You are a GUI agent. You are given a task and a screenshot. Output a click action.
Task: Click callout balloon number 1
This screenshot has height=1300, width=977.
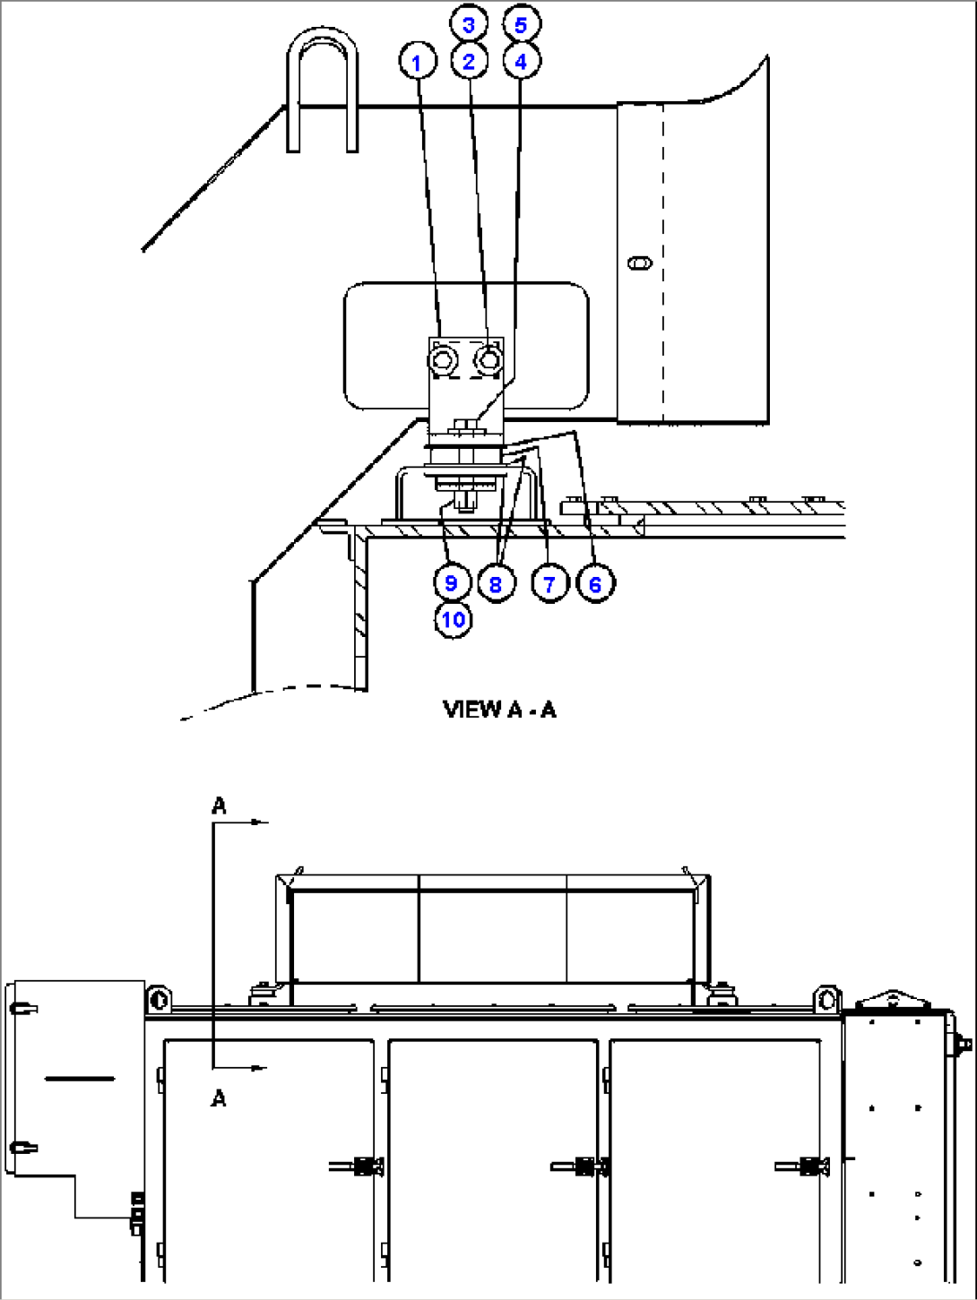[x=417, y=62]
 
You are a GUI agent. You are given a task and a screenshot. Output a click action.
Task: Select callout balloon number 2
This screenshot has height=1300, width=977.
[x=469, y=61]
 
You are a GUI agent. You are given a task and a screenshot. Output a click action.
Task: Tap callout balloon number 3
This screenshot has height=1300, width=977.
[x=469, y=24]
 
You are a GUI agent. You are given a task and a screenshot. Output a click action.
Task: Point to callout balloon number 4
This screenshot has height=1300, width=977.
[x=522, y=61]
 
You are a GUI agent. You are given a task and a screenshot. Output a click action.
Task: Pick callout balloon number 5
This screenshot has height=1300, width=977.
[x=522, y=24]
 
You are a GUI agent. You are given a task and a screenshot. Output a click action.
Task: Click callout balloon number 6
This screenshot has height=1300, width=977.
[x=595, y=584]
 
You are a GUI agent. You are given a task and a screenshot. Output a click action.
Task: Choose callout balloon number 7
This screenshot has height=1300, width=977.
[x=549, y=584]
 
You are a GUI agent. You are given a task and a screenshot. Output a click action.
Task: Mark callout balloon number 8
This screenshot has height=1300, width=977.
[x=496, y=584]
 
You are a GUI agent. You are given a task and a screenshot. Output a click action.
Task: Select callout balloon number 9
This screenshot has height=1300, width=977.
[x=452, y=582]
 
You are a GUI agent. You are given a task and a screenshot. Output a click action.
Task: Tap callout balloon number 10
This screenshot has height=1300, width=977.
[x=454, y=619]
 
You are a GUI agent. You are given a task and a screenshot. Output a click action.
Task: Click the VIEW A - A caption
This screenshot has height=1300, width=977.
[x=499, y=710]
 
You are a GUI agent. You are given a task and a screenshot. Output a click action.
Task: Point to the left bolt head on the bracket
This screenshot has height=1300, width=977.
[x=443, y=360]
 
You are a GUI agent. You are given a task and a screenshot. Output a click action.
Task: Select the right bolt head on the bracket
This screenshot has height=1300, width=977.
[x=488, y=359]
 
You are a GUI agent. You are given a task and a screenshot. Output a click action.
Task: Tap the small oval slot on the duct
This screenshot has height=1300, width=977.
[x=639, y=263]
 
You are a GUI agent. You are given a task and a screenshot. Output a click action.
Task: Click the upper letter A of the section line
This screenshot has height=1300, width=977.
[x=219, y=805]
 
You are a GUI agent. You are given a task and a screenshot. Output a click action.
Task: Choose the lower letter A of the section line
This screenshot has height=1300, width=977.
[x=219, y=1098]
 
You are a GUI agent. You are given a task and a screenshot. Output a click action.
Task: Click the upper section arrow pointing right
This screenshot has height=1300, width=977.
[x=257, y=822]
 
